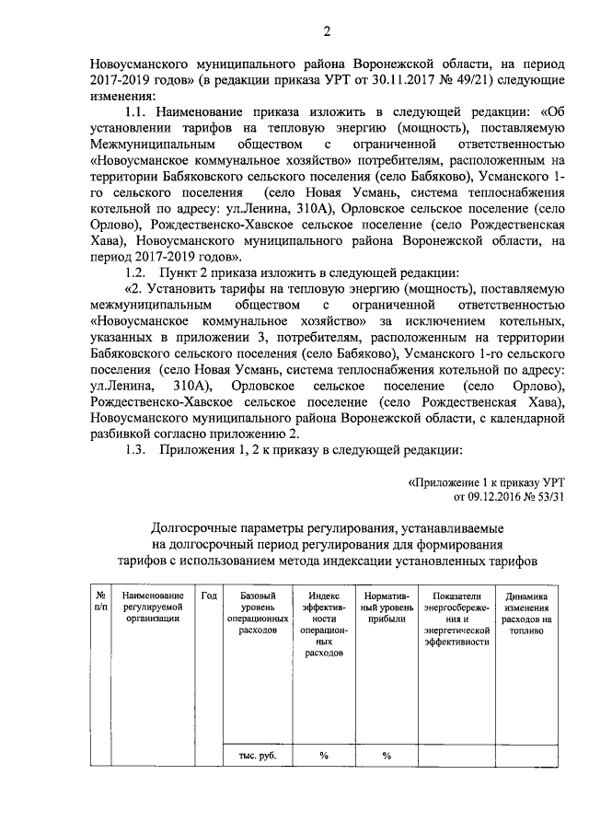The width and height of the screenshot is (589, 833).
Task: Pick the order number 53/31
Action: [546, 497]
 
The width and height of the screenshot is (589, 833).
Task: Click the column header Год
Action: [209, 596]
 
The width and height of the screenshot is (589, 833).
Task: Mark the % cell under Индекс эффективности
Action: [324, 756]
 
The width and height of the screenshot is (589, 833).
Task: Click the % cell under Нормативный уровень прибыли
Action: [387, 756]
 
